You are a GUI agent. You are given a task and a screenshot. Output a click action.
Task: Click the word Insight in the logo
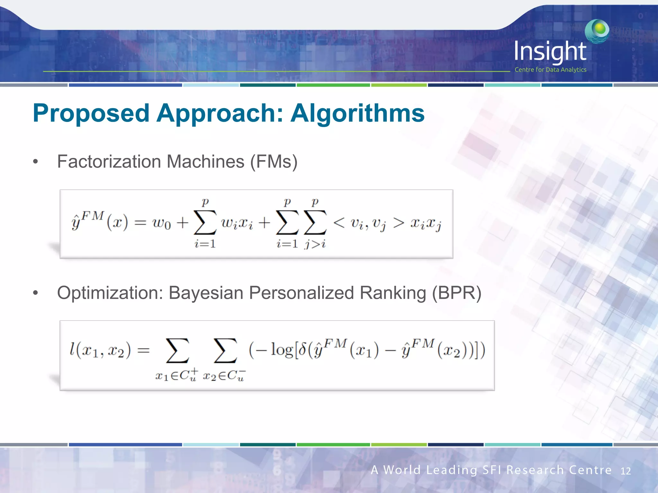(x=550, y=52)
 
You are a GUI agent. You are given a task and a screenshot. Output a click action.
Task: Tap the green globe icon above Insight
(x=597, y=30)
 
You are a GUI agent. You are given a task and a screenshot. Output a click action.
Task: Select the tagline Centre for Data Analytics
(x=550, y=70)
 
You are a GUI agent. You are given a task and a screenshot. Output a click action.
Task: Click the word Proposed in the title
(x=91, y=114)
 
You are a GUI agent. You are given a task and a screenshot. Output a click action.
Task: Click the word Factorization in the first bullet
(x=109, y=161)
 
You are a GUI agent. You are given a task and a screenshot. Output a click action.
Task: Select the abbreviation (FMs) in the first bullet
(x=274, y=161)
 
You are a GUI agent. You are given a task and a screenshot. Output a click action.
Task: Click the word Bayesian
(x=206, y=293)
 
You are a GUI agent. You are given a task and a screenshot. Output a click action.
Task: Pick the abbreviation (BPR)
(x=457, y=293)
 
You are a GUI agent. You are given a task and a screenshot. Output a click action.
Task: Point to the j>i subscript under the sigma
(x=315, y=244)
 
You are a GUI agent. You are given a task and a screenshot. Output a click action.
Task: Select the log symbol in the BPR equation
(x=282, y=350)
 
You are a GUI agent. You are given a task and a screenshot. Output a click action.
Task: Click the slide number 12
(x=625, y=471)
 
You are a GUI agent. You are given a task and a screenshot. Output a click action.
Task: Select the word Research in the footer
(x=535, y=470)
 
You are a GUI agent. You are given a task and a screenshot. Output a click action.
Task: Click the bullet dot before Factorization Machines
(x=36, y=162)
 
